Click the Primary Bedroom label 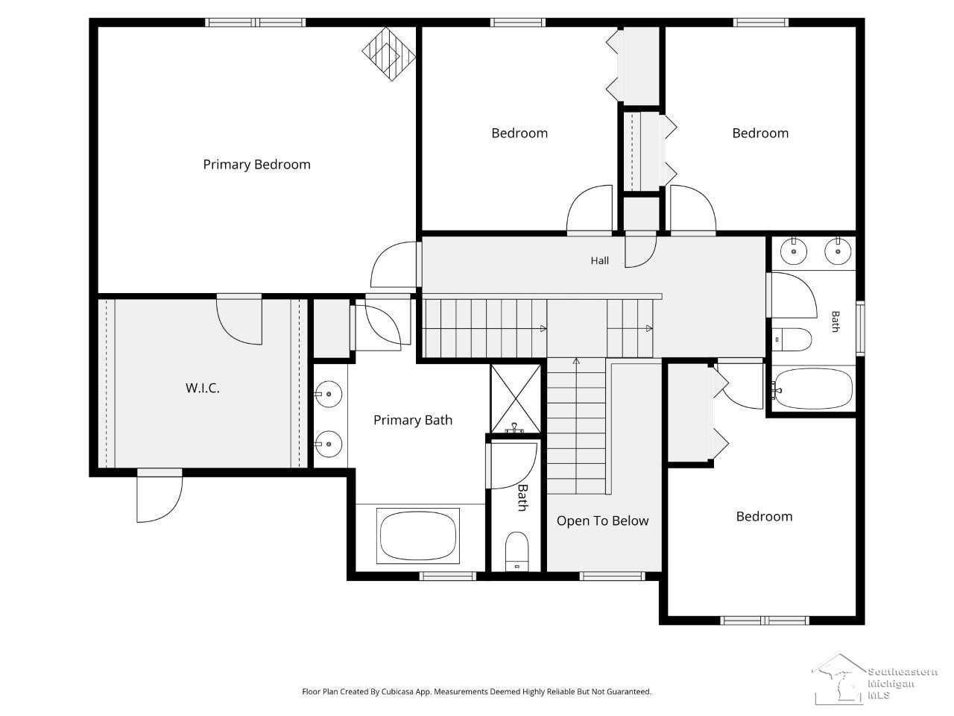pos(256,165)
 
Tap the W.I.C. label pos(203,388)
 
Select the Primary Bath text pos(412,421)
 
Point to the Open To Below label pos(602,521)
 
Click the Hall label pos(599,260)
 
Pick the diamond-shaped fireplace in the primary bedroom pos(388,54)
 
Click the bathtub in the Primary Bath pos(417,536)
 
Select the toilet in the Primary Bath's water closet pos(517,552)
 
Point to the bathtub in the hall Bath pos(813,389)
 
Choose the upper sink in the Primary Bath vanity pos(328,394)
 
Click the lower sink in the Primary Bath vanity pos(328,444)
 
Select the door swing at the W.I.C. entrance pos(239,319)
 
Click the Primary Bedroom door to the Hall pos(394,264)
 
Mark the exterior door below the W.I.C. pos(159,495)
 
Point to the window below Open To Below pos(613,577)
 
